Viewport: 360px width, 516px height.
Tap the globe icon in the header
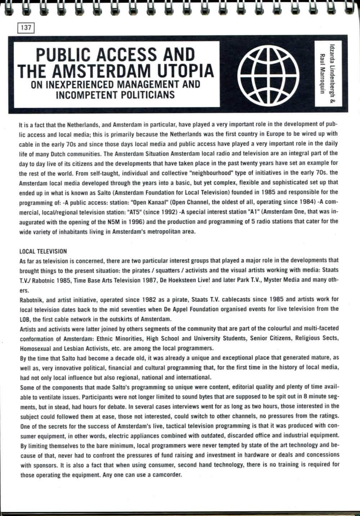(x=265, y=74)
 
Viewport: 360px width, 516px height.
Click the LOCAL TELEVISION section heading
(x=43, y=251)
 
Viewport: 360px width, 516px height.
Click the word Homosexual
(x=36, y=348)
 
